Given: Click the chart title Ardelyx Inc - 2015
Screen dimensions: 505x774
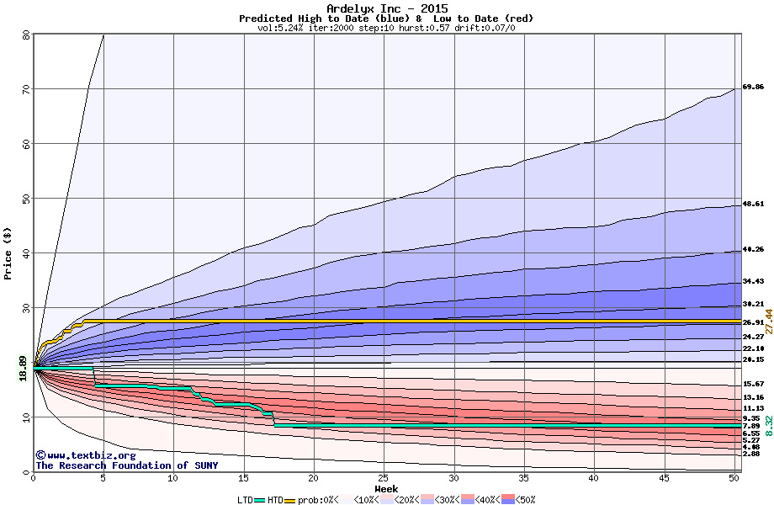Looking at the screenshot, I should pyautogui.click(x=386, y=8).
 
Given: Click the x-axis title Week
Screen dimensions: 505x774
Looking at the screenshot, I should pyautogui.click(x=386, y=488).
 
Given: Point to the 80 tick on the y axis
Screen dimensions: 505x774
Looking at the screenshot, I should pyautogui.click(x=26, y=35).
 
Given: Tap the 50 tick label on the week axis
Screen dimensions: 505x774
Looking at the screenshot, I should pyautogui.click(x=734, y=478).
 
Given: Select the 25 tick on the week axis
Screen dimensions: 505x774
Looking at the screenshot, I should pyautogui.click(x=384, y=478).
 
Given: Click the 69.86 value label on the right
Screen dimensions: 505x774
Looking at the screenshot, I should pyautogui.click(x=753, y=87).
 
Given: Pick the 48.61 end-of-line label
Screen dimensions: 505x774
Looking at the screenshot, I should pyautogui.click(x=753, y=204).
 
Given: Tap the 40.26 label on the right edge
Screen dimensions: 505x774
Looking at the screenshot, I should pyautogui.click(x=753, y=249).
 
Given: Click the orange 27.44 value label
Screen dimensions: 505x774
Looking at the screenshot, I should pyautogui.click(x=768, y=323).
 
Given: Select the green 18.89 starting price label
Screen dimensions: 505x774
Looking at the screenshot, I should pyautogui.click(x=24, y=369).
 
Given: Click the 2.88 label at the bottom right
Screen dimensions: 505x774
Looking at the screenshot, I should pyautogui.click(x=750, y=454).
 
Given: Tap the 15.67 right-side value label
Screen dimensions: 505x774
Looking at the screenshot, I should pyautogui.click(x=753, y=384).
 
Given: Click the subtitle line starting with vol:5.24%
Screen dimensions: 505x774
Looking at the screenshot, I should pyautogui.click(x=386, y=28).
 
